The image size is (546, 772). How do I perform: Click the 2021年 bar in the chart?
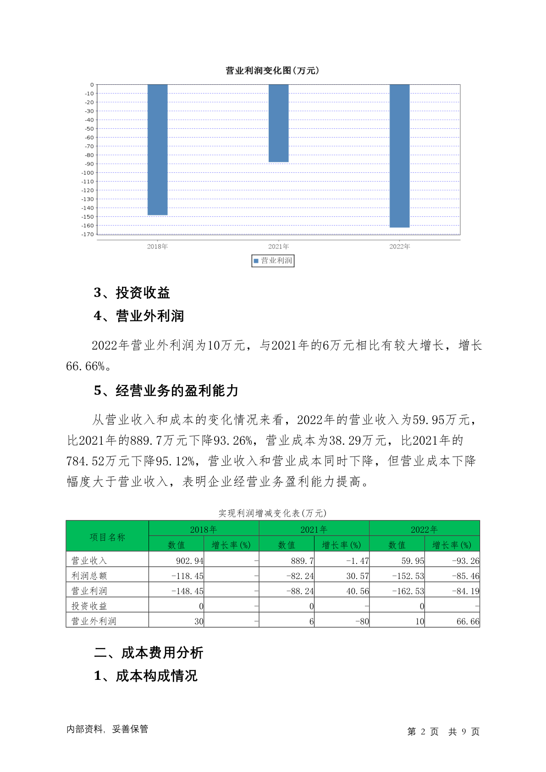(278, 123)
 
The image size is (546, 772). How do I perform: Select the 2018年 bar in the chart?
(157, 149)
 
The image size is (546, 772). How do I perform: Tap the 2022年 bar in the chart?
(399, 155)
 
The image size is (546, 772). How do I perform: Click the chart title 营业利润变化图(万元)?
(272, 71)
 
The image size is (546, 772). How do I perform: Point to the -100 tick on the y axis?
(88, 173)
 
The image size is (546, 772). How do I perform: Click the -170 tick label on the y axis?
(88, 234)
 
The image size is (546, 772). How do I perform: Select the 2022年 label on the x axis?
(399, 247)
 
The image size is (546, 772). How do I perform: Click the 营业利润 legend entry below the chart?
(273, 261)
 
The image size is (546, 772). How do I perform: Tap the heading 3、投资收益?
(132, 292)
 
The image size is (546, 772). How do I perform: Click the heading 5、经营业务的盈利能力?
(166, 391)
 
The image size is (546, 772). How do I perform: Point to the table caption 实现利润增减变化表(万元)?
(272, 513)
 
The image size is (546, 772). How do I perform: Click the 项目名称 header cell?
(107, 537)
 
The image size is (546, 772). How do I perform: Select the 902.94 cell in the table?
(189, 561)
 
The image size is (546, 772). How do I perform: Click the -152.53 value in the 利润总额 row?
(408, 576)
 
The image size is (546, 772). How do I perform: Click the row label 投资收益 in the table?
(89, 606)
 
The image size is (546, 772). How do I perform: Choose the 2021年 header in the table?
(314, 529)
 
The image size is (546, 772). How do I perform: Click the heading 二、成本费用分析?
(149, 652)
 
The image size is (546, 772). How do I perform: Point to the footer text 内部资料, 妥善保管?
(107, 729)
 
